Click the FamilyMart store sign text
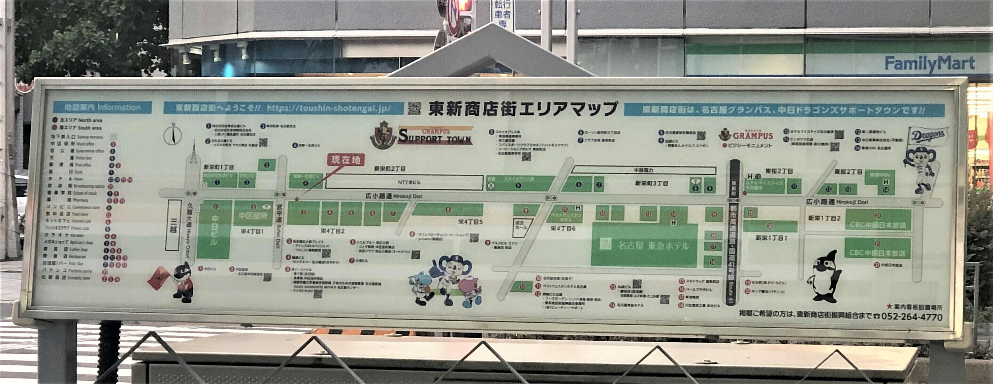pyautogui.click(x=929, y=63)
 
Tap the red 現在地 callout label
pyautogui.click(x=346, y=160)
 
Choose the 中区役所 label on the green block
pyautogui.click(x=253, y=215)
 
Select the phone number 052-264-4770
pyautogui.click(x=911, y=317)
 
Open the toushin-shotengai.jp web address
pyautogui.click(x=329, y=108)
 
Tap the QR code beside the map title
pyautogui.click(x=414, y=108)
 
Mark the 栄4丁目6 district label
pyautogui.click(x=563, y=229)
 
